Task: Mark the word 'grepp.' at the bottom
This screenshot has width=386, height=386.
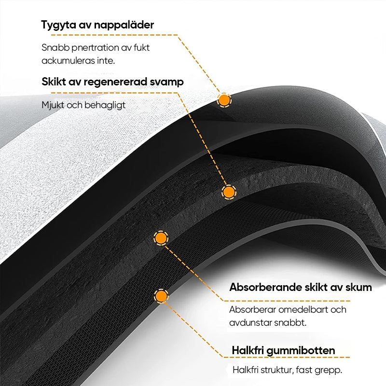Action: click(x=329, y=371)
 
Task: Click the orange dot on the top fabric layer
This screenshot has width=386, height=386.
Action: click(x=224, y=100)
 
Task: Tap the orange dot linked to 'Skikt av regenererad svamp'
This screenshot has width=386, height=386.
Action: click(x=229, y=192)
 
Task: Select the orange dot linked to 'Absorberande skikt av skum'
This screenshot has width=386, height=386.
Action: click(x=161, y=238)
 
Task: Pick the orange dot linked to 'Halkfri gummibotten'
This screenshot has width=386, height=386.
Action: click(x=161, y=296)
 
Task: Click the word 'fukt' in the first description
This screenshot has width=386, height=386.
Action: click(x=141, y=47)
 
